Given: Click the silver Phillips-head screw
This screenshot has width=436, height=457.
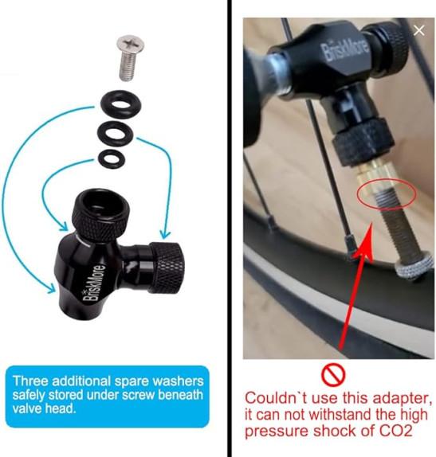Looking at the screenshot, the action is [x=130, y=57].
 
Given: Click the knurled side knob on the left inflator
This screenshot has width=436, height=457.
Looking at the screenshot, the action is [x=167, y=268].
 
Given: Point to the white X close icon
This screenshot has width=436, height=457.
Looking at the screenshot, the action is [x=419, y=30].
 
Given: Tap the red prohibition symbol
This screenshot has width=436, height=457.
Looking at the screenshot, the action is [x=333, y=374].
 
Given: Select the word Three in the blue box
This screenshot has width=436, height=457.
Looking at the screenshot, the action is [x=30, y=381].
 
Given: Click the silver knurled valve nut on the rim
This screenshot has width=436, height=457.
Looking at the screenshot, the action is [x=414, y=266].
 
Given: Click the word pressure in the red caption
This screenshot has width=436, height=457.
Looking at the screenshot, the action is [x=276, y=432].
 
